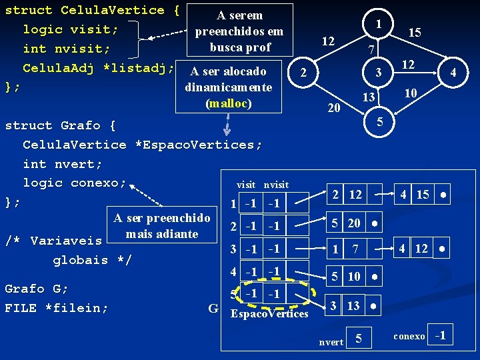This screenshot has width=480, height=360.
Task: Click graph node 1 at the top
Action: click(379, 23)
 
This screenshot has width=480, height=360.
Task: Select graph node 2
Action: click(303, 71)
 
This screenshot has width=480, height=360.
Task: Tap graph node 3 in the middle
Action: click(378, 72)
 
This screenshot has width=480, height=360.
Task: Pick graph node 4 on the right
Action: click(453, 71)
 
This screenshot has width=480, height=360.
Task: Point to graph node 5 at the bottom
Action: click(379, 121)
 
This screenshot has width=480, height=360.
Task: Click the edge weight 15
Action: click(415, 33)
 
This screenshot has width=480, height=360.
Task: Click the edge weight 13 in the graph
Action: click(368, 97)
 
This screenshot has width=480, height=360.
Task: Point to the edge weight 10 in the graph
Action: click(411, 94)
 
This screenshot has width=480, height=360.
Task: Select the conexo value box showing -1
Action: click(440, 336)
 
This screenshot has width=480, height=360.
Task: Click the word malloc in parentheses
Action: click(228, 103)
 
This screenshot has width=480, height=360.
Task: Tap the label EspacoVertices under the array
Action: click(269, 313)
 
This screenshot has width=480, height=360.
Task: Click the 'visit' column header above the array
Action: click(246, 185)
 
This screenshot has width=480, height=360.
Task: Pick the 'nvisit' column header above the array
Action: click(276, 185)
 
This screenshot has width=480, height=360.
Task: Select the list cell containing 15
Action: click(423, 195)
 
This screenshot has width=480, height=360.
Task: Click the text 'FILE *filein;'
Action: click(57, 308)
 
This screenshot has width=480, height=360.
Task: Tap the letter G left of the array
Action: click(213, 309)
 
